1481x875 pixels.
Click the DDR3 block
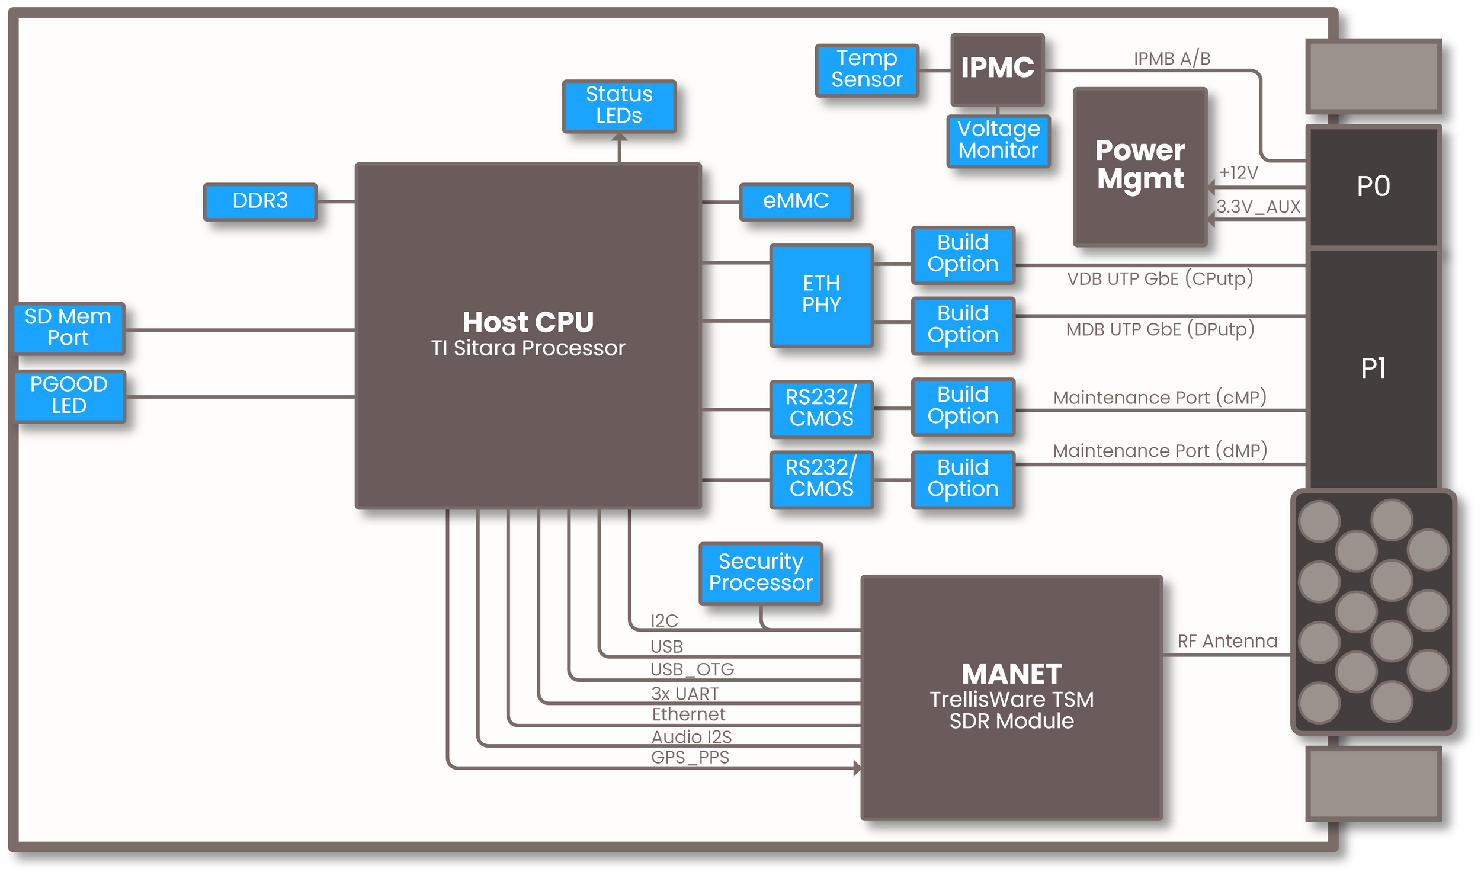tap(260, 201)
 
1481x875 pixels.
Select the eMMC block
tap(796, 201)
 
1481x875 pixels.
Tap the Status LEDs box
tap(619, 105)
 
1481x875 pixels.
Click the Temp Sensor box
tap(867, 69)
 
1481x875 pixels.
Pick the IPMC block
tap(997, 68)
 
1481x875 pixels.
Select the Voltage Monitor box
tap(998, 140)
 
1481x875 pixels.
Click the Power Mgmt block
tap(1140, 166)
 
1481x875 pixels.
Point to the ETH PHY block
tap(821, 294)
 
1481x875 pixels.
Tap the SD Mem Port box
tap(69, 328)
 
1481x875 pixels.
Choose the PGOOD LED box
tap(69, 395)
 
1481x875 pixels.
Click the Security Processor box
tap(761, 573)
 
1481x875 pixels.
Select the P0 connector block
tap(1373, 186)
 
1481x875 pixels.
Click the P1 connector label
tap(1373, 368)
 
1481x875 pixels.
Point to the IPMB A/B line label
tap(1172, 59)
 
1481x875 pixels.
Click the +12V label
tap(1239, 172)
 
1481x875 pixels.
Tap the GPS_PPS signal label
tap(690, 757)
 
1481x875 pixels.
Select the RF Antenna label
tap(1227, 641)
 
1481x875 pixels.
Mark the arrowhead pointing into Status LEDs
tap(619, 138)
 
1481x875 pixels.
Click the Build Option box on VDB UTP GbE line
tap(963, 254)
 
